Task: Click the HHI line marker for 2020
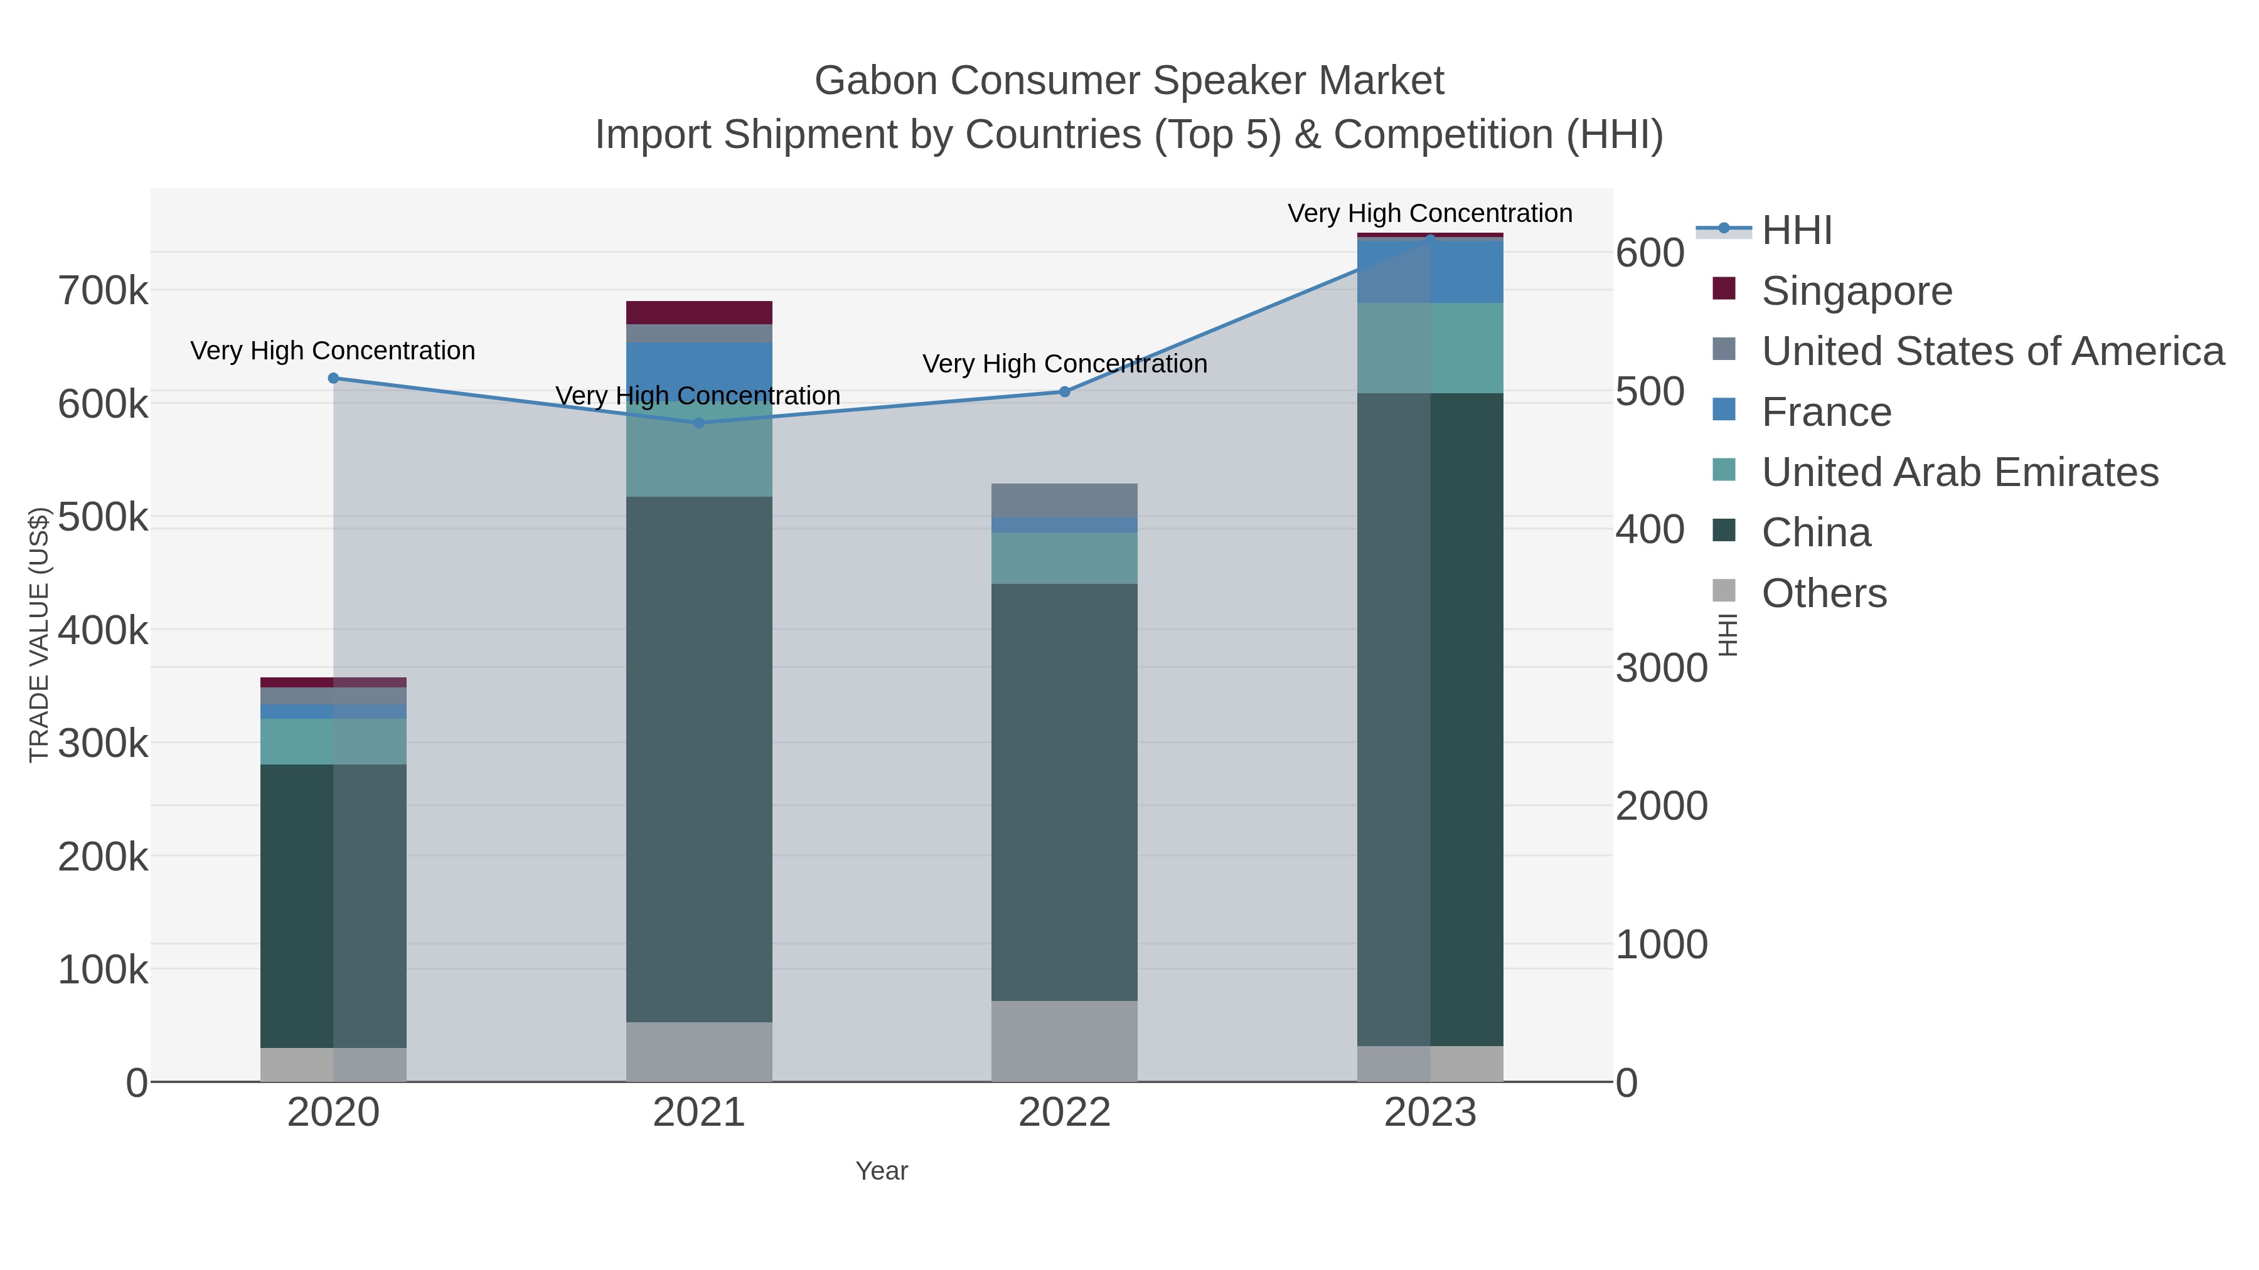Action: [x=333, y=379]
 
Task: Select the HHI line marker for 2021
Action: [x=699, y=423]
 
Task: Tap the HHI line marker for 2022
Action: [x=1065, y=392]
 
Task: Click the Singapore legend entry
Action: [x=1856, y=291]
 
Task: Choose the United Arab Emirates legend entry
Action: [x=1959, y=472]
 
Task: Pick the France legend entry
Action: [x=1826, y=412]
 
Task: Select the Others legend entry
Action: [x=1823, y=593]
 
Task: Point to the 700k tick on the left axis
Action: [x=104, y=291]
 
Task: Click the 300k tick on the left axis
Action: [x=104, y=744]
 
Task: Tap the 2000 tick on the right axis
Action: [x=1661, y=807]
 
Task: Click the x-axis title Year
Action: [x=882, y=1171]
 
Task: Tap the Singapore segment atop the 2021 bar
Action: [x=699, y=313]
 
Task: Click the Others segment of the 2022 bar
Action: [x=1065, y=1041]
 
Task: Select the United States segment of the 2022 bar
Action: [x=1065, y=500]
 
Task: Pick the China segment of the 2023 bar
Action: [x=1430, y=719]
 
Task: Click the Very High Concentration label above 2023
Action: [x=1429, y=214]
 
